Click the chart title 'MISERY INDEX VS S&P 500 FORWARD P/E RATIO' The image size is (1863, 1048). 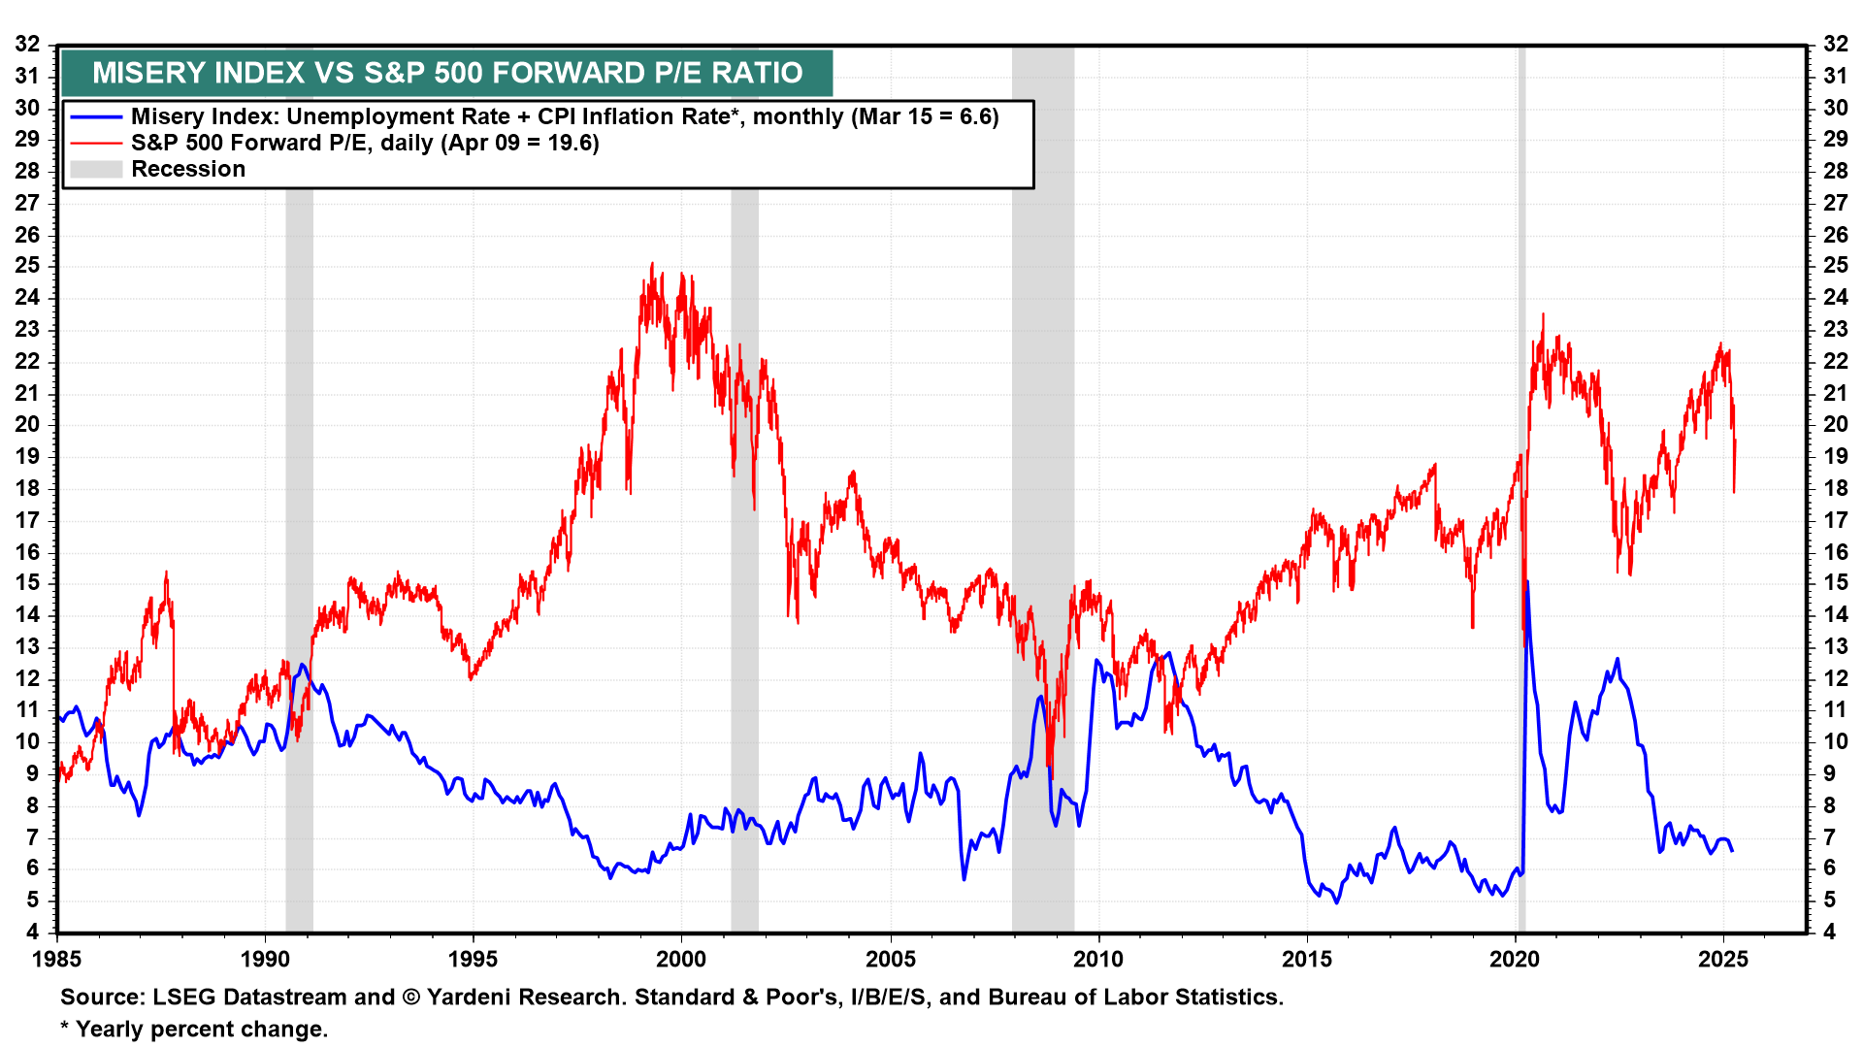coord(447,73)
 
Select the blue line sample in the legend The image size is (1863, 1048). coord(96,116)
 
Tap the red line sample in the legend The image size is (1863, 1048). coord(96,143)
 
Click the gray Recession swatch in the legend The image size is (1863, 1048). coord(96,169)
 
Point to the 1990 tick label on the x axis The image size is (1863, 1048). coord(265,960)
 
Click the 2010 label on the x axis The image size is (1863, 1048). coord(1098,960)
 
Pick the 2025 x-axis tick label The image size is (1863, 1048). coord(1723,960)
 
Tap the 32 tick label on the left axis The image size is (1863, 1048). coord(27,44)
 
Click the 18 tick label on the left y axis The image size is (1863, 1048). coord(27,488)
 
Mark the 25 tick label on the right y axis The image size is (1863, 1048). coord(1835,266)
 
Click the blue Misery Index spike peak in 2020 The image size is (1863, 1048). coord(1527,582)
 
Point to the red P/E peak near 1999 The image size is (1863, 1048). coord(652,264)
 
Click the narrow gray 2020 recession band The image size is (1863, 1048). coord(1521,485)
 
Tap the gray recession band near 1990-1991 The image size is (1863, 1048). coord(299,485)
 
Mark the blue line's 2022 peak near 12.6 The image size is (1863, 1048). coord(1617,659)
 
